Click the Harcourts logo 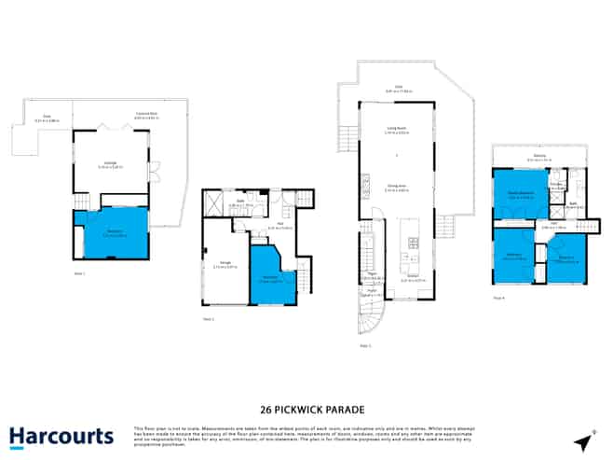(61, 436)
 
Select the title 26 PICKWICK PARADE (306, 409)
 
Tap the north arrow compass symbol (582, 440)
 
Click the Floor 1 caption (79, 273)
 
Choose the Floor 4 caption (499, 298)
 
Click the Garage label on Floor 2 (225, 265)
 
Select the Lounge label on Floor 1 (110, 164)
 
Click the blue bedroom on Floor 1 (111, 232)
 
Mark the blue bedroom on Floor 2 (271, 277)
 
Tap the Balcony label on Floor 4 (539, 158)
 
